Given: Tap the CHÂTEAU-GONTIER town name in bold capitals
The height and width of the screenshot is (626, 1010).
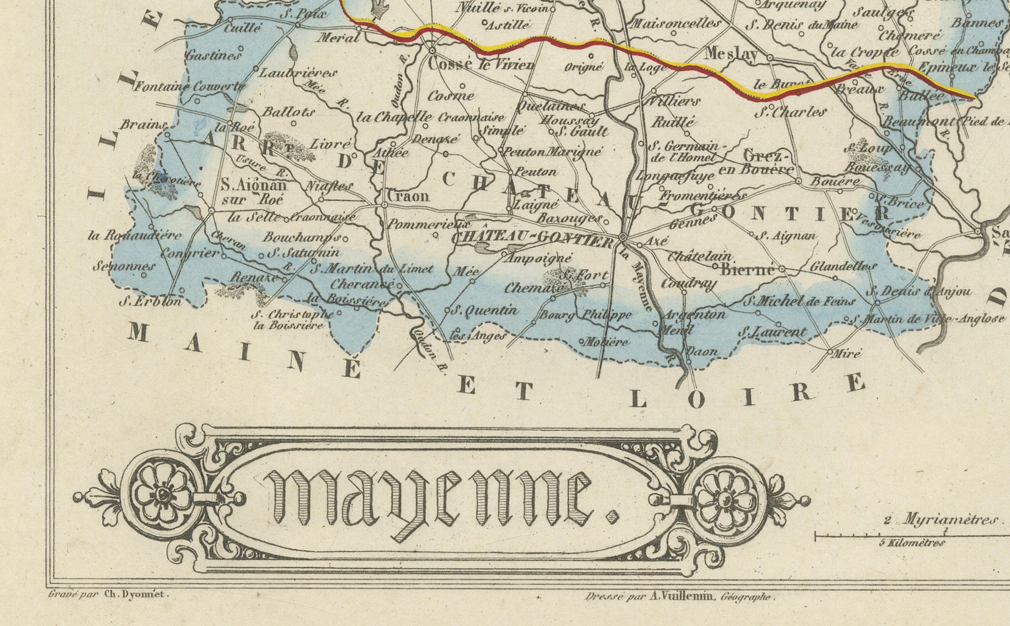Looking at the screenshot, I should pos(532,239).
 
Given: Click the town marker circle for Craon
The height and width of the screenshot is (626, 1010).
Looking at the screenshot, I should pos(384,205).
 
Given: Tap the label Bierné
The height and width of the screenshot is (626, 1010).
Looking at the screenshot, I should pos(747,270).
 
